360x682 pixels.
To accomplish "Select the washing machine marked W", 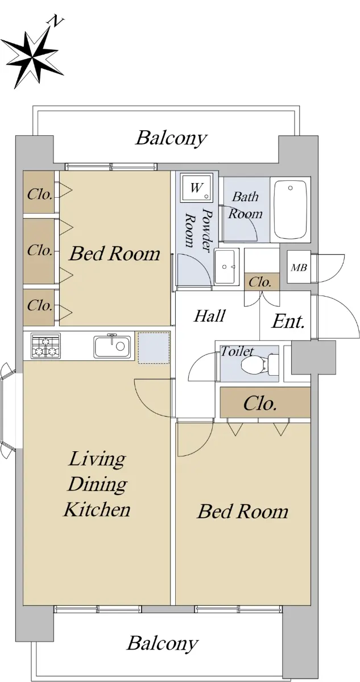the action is click(x=195, y=188).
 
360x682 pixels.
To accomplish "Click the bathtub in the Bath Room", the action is click(x=290, y=210).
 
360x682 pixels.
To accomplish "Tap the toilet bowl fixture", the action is click(x=259, y=364).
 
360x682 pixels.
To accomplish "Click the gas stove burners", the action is click(x=45, y=346).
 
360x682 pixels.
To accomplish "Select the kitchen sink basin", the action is click(x=113, y=346).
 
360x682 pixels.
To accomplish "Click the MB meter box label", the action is click(x=299, y=268).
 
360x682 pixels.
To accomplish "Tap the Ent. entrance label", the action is click(x=288, y=322).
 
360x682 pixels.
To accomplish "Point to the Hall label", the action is click(x=210, y=316).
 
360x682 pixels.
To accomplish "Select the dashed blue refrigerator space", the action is click(x=154, y=348).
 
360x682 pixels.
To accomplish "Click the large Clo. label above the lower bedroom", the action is click(x=260, y=404).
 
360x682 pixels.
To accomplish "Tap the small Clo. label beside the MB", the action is click(x=260, y=282).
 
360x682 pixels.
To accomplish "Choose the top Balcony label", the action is click(x=171, y=138).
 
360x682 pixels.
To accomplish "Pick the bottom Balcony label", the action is click(x=162, y=643).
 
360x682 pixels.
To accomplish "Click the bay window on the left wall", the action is click(x=8, y=410).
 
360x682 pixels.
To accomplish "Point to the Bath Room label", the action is click(x=246, y=205).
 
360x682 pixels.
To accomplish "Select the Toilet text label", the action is click(x=237, y=352).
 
